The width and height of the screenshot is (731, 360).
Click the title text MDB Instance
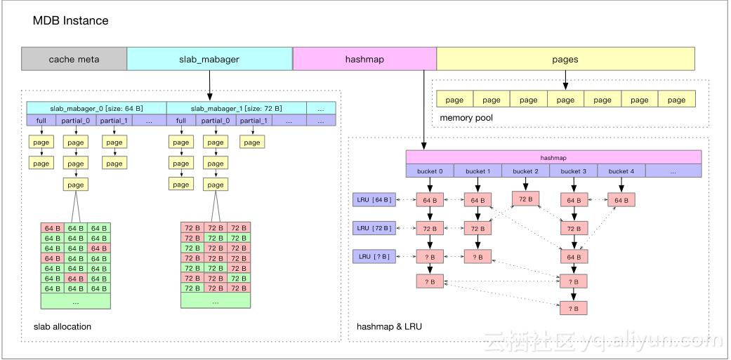[70, 21]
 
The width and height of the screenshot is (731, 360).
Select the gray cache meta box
[74, 60]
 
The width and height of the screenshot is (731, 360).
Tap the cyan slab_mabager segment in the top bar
[209, 60]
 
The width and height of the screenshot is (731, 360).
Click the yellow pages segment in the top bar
[565, 60]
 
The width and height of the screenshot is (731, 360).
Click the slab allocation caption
[62, 327]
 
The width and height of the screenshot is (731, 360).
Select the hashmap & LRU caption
[389, 327]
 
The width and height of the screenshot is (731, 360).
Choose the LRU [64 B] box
[374, 200]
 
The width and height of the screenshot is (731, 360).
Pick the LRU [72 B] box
[374, 228]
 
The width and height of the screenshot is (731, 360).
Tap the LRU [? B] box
[374, 256]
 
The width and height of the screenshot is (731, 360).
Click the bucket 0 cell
[430, 171]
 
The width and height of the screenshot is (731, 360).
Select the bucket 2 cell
[525, 171]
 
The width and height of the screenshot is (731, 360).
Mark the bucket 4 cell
[621, 171]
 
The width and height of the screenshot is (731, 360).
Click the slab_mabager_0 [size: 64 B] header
[96, 108]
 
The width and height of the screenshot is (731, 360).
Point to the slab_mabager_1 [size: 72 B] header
[236, 108]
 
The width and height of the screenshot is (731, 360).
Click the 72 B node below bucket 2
[526, 199]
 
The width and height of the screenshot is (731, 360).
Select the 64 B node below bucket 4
[621, 200]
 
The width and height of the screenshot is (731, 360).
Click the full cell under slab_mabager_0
[41, 121]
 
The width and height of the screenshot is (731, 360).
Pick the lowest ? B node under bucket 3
[573, 308]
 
